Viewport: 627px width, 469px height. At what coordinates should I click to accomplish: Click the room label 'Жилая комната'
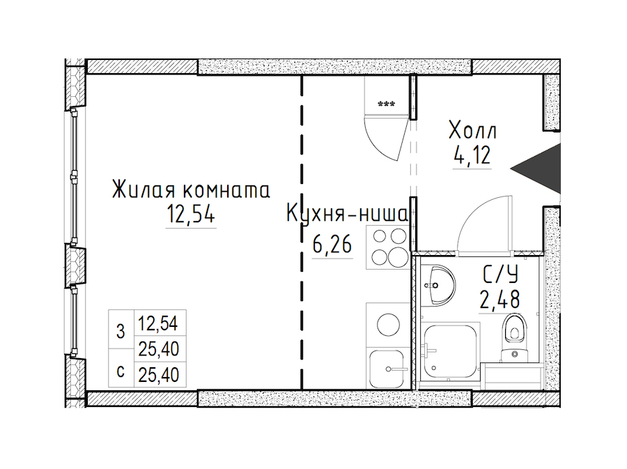tap(191, 190)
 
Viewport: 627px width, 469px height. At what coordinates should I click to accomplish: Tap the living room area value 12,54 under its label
tap(191, 215)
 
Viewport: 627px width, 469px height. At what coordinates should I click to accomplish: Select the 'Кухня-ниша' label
tap(347, 214)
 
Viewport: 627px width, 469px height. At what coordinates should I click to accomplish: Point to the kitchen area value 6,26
tap(332, 245)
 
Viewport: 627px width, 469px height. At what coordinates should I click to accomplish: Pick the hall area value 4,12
tap(472, 155)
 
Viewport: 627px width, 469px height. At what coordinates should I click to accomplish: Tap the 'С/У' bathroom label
tap(500, 275)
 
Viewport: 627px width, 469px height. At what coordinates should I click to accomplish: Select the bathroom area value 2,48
tap(500, 299)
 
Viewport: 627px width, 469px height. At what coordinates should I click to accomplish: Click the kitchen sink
tap(387, 368)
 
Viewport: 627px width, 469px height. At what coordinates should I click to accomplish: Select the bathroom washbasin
tap(437, 285)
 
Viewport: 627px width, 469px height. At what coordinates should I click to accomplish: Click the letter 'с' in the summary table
tap(121, 372)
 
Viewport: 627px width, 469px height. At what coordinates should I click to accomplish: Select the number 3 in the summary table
tap(121, 332)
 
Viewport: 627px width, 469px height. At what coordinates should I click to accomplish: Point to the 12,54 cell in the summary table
tap(158, 323)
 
